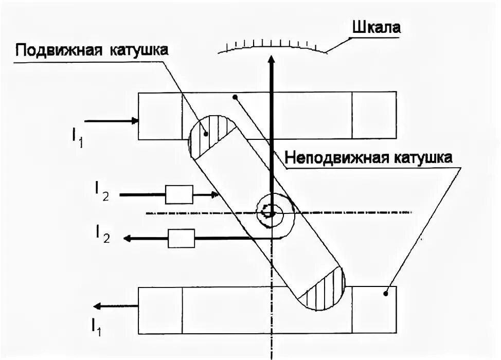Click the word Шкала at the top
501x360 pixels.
[375, 27]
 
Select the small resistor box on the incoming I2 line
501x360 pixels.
[178, 194]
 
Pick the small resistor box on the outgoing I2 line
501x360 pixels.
[182, 238]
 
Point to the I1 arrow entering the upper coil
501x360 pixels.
[111, 121]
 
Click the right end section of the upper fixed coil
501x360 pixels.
[374, 115]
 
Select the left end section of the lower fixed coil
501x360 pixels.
[161, 309]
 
